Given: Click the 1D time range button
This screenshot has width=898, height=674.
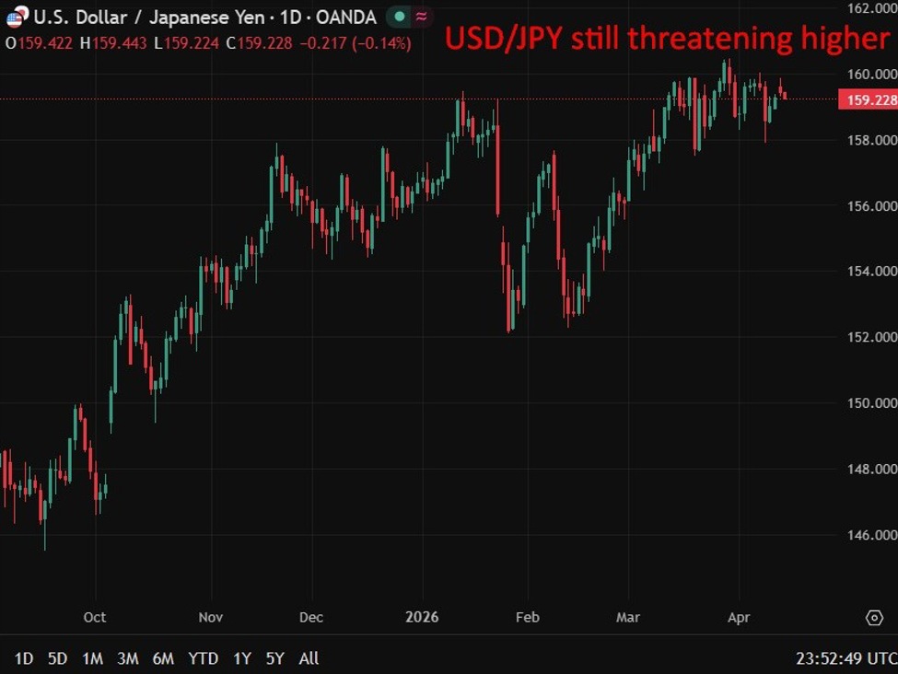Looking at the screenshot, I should pos(24,658).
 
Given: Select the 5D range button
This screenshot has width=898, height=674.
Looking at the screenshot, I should pos(57,658).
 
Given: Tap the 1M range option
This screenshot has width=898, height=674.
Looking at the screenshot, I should pos(92,658).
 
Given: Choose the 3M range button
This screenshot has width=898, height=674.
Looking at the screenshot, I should pos(128,658).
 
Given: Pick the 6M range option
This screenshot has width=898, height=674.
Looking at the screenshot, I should pos(163,658).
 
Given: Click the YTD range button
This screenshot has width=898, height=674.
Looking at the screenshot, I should pos(203,658).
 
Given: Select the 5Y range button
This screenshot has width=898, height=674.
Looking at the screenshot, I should pos(275,658).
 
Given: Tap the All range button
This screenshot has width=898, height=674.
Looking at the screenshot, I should pos(309,658).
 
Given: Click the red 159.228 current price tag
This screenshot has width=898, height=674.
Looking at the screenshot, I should pos(868,99).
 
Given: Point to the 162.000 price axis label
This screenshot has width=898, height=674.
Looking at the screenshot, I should pos(871,8).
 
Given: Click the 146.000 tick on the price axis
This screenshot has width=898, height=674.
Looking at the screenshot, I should pos(871,535).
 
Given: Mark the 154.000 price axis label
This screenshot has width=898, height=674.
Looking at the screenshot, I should pos(871,272).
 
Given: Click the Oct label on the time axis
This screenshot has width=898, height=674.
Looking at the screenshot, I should pos(94,617).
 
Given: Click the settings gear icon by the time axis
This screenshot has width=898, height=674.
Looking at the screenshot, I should pos(873,617).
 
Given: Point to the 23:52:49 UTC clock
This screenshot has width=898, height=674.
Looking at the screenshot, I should pos(846,658).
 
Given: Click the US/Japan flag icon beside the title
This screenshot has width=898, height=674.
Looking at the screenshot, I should pos(17,17).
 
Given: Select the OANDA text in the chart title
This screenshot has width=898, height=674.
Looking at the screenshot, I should pos(345,17).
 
